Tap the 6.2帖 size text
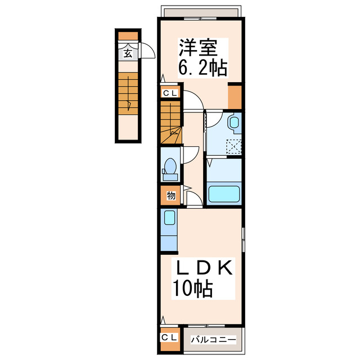click(202, 68)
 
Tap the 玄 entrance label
click(128, 53)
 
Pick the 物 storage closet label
click(170, 195)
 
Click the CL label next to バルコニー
click(169, 337)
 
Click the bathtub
click(224, 194)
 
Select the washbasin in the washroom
click(235, 123)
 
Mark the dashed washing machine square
click(233, 147)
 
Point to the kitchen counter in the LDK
click(168, 229)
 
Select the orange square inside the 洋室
click(235, 97)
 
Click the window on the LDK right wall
click(243, 240)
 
